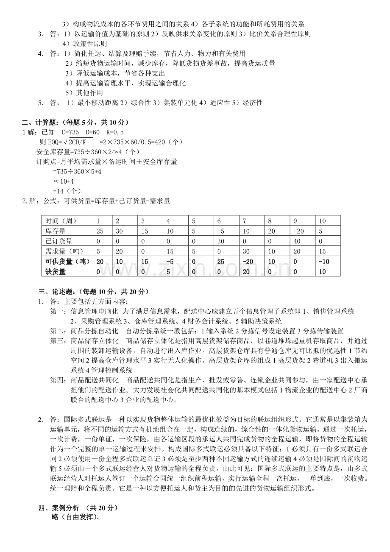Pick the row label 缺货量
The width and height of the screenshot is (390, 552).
tap(56, 271)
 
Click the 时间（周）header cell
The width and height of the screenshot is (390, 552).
tap(61, 220)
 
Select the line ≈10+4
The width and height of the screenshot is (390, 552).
tap(64, 181)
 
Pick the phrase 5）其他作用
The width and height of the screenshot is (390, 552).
tap(84, 93)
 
